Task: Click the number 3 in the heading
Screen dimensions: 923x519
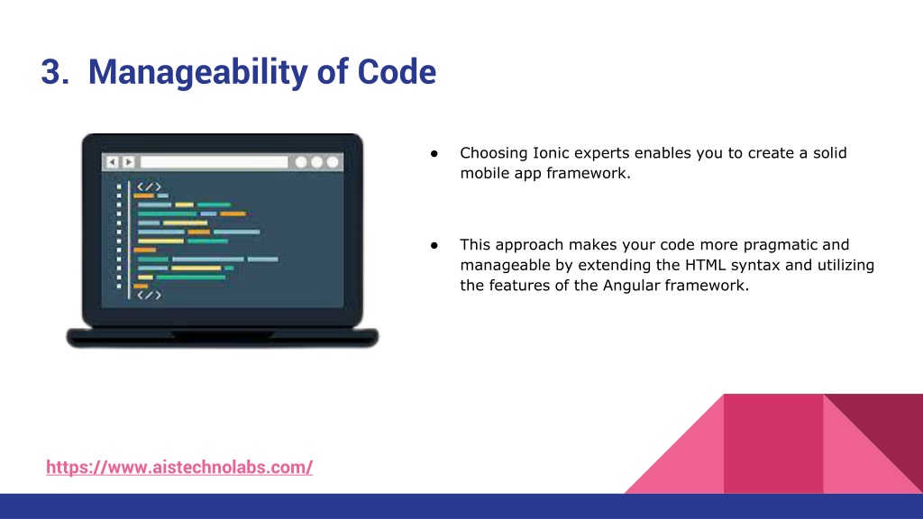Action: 51,72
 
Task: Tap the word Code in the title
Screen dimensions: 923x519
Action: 397,72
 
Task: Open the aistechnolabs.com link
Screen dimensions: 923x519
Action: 179,468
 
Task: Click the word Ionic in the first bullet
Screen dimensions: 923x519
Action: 551,153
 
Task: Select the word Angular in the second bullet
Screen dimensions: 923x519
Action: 631,286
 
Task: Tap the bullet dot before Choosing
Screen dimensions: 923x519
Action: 434,153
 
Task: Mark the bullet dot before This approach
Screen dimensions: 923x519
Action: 434,245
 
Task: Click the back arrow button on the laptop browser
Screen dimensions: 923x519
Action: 113,162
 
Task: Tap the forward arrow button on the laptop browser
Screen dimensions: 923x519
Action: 128,162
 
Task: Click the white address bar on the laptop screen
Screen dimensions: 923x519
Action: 215,162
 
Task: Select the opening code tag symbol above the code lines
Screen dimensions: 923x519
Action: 149,187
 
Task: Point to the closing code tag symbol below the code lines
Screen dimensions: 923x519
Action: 149,295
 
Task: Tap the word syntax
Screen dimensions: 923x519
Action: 756,266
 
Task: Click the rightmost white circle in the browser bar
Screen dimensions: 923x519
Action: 333,162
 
